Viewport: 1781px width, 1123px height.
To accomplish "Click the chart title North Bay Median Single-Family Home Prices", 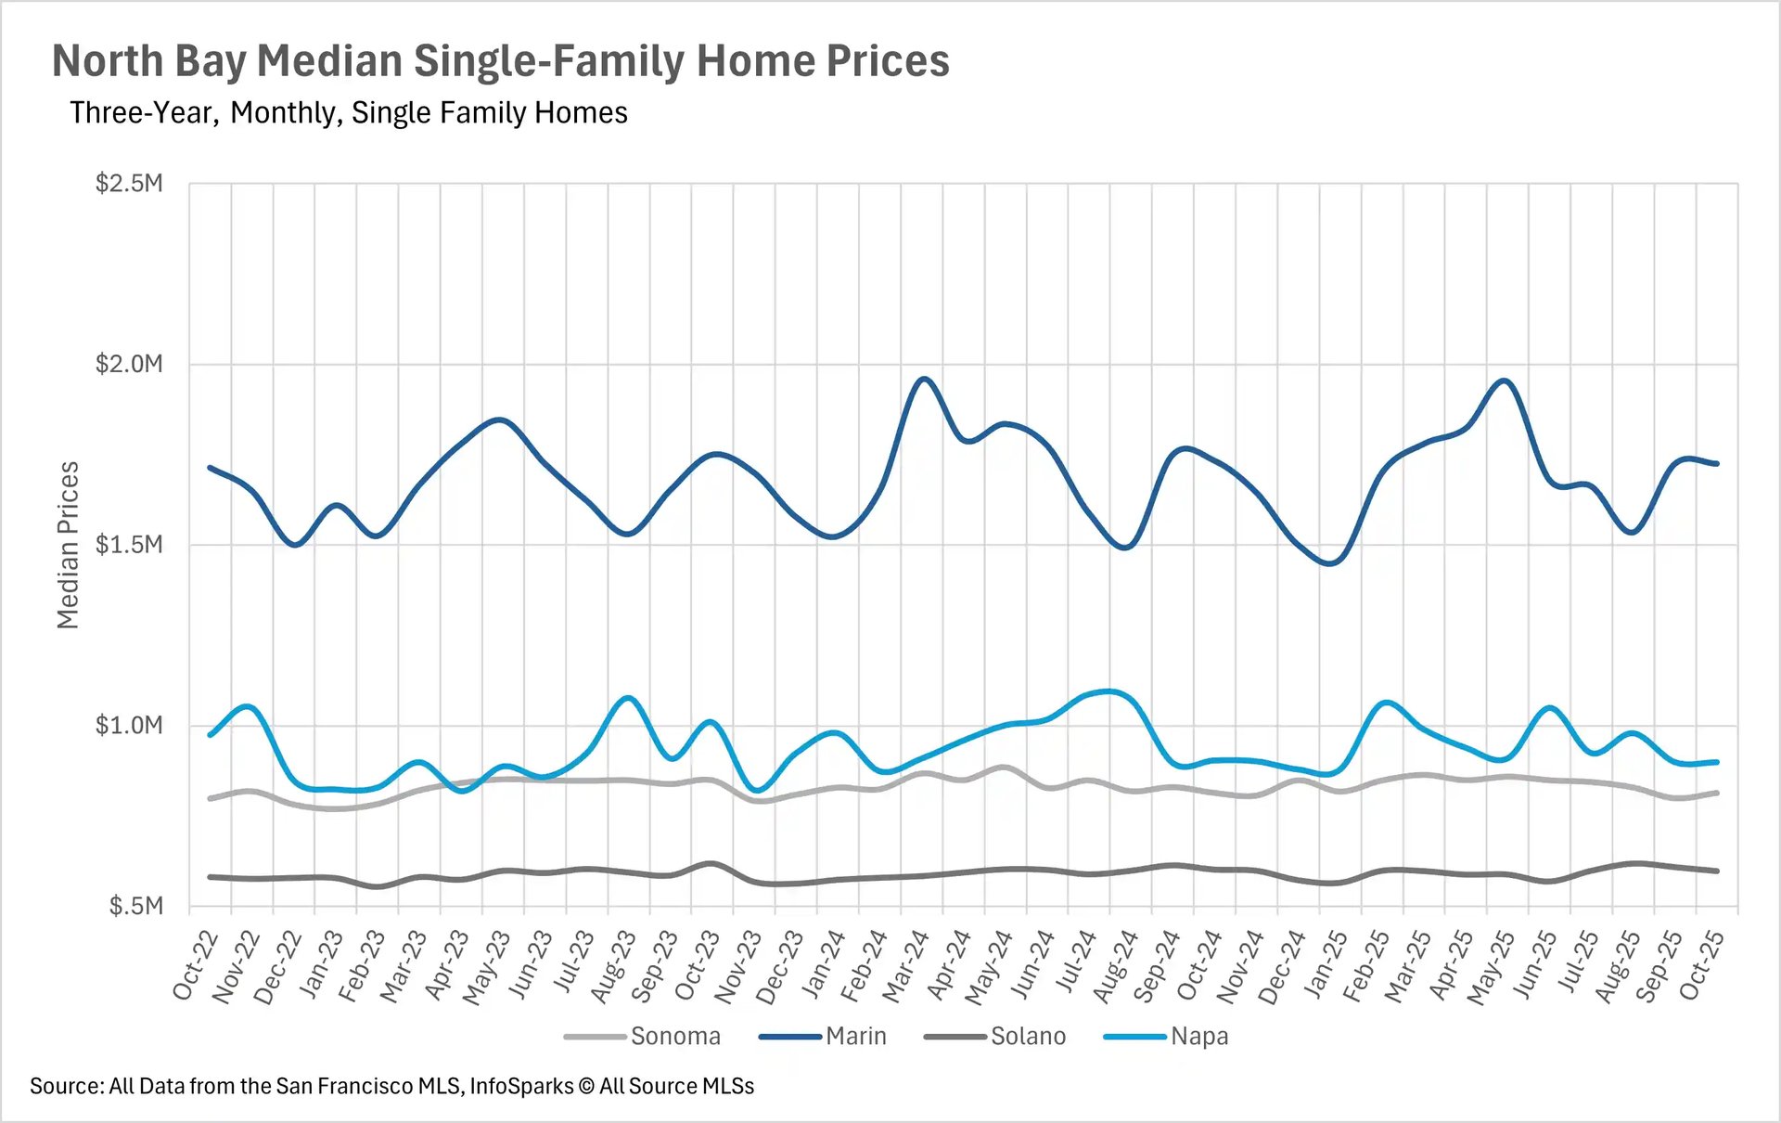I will (500, 61).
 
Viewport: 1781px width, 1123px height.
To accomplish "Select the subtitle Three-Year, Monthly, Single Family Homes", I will (348, 113).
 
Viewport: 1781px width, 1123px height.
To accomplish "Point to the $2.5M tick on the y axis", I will (129, 183).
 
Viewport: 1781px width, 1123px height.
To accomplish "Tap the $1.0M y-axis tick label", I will (129, 725).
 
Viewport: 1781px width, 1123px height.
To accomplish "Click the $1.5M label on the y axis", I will (129, 544).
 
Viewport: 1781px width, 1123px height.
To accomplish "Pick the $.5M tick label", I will (135, 906).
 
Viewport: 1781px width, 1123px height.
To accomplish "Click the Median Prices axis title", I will (68, 545).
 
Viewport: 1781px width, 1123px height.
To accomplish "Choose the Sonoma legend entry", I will (674, 1036).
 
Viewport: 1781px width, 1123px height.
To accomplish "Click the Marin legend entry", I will (855, 1036).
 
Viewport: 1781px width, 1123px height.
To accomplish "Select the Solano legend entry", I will (1028, 1036).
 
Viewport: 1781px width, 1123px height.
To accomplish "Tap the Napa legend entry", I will (1198, 1036).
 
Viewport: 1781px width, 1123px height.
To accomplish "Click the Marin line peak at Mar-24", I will (924, 379).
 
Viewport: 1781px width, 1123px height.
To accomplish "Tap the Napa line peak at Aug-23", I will (628, 697).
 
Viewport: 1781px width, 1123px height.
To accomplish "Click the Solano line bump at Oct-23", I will (711, 863).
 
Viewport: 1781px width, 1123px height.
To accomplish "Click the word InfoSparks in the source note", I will (521, 1086).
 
